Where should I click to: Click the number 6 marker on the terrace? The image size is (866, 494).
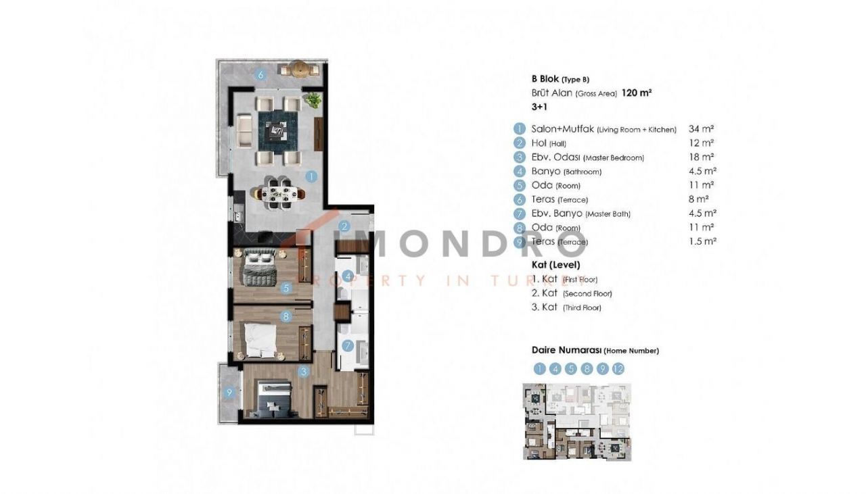[260, 74]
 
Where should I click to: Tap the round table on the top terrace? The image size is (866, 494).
[300, 70]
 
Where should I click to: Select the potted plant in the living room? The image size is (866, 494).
[313, 100]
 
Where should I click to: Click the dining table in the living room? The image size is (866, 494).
[277, 193]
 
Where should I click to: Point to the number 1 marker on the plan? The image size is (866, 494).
[311, 176]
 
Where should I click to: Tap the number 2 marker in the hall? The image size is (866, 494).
[344, 226]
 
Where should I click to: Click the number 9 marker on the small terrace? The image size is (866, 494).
[229, 393]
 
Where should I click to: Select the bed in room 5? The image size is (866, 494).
[260, 267]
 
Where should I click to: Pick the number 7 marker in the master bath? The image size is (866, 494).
[348, 345]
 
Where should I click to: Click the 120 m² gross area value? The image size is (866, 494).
[637, 93]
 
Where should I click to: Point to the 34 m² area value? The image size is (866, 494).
[701, 128]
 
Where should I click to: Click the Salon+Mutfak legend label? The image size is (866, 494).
[562, 129]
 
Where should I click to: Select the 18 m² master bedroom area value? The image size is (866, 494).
[701, 157]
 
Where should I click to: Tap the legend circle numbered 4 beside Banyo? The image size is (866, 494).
[520, 171]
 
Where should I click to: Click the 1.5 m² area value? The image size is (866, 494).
[702, 241]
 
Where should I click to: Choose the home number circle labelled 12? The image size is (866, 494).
[618, 369]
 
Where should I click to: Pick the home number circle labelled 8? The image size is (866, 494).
[587, 369]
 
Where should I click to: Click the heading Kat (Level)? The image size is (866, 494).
[556, 265]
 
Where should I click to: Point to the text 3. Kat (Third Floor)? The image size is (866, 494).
[566, 307]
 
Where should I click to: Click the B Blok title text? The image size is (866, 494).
[545, 79]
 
